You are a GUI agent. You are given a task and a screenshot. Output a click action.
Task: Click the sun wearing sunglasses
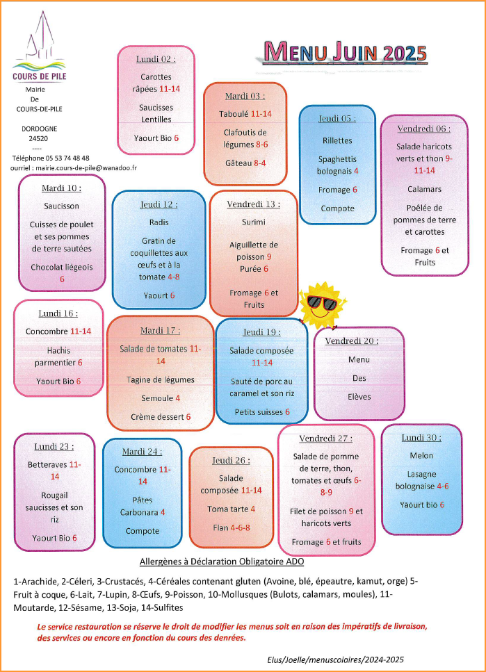[x=323, y=304]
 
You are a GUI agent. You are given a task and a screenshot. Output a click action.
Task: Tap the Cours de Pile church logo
[x=40, y=47]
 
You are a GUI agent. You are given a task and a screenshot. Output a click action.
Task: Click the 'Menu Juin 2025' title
[x=346, y=52]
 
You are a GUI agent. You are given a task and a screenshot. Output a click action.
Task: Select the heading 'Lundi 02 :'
[x=156, y=59]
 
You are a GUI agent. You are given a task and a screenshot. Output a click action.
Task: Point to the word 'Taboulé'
[x=234, y=114]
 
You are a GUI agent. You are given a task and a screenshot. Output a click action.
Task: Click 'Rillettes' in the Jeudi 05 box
[x=337, y=140]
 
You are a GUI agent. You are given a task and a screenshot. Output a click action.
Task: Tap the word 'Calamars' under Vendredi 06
[x=424, y=189]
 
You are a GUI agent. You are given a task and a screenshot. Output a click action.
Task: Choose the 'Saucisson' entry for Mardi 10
[x=61, y=206]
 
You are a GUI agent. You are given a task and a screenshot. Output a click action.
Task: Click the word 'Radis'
[x=159, y=222]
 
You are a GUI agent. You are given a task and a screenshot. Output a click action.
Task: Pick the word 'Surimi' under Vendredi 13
[x=254, y=222]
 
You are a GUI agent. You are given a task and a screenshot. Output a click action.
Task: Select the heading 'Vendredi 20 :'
[x=352, y=341]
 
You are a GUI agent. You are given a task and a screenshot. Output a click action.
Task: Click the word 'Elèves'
[x=359, y=397]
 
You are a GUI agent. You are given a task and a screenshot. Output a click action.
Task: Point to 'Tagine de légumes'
[x=161, y=380]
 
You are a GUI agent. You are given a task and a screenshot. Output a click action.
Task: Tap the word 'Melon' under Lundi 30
[x=421, y=456]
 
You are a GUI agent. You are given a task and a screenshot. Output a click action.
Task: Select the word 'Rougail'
[x=54, y=496]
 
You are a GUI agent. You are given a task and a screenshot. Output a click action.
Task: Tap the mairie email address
[x=86, y=168]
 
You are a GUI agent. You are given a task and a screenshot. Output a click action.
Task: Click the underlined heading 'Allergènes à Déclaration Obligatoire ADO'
[x=222, y=562]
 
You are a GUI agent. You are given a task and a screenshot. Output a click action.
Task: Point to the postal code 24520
[x=38, y=138]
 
